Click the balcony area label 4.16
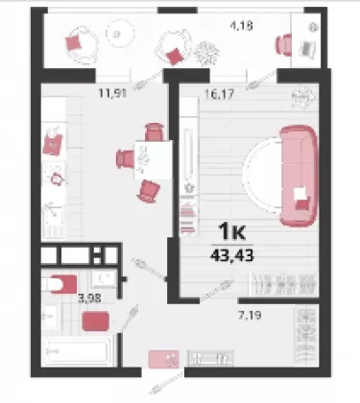point(242,25)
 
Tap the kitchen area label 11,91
point(113,93)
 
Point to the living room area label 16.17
point(219,94)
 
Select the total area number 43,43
point(232,255)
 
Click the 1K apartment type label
point(231,232)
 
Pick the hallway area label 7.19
point(250,315)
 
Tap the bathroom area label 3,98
point(90,298)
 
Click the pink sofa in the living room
point(299,176)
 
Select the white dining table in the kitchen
point(154,159)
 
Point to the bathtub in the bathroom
point(77,351)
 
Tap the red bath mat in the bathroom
point(95,321)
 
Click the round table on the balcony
point(118,33)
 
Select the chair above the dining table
point(155,131)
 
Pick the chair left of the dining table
point(125,158)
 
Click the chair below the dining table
point(148,191)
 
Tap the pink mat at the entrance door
point(163,359)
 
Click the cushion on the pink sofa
point(302,199)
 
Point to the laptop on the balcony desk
point(307,49)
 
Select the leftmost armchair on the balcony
point(81,44)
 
